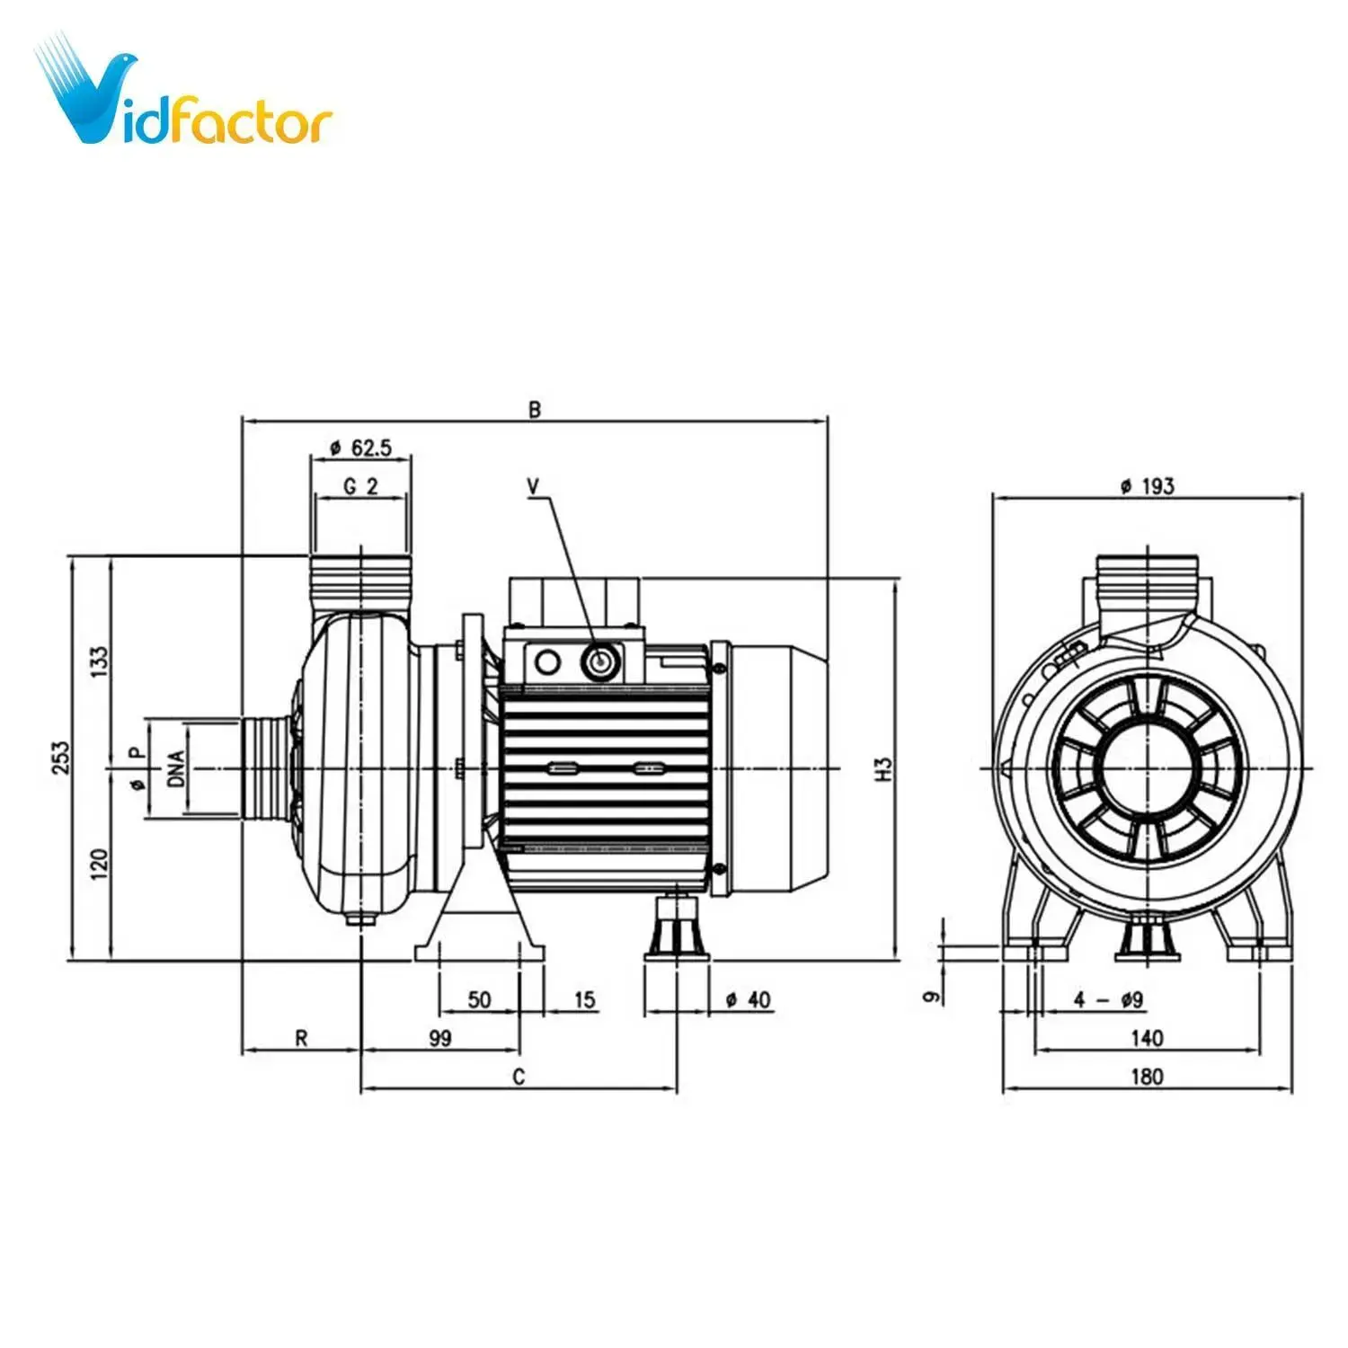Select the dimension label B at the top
click(535, 410)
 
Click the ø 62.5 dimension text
click(361, 448)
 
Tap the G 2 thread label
click(361, 486)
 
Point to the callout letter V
click(534, 486)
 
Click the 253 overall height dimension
click(60, 758)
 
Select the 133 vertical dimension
click(99, 661)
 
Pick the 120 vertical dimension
click(99, 864)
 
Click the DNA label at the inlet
click(176, 769)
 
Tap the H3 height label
click(885, 769)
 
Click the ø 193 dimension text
click(1148, 486)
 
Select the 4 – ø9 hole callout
click(1108, 999)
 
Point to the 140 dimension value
click(1147, 1038)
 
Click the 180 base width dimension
click(1147, 1077)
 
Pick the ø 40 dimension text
click(749, 999)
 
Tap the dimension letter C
click(519, 1077)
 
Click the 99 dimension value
click(439, 1038)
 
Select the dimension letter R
click(302, 1038)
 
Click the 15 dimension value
click(584, 999)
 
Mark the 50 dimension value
click(479, 999)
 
